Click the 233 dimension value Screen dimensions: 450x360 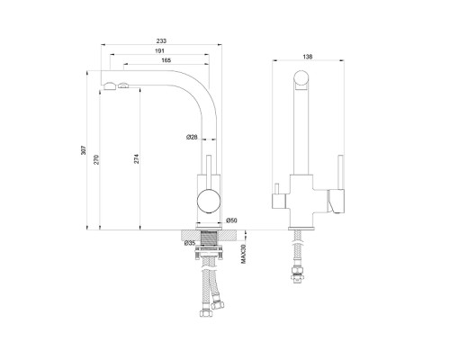(x=161, y=41)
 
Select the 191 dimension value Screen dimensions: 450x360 (x=159, y=51)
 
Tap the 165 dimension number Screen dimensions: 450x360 (x=166, y=60)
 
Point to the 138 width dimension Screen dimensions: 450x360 (x=308, y=57)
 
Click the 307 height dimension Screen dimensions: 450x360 (x=84, y=150)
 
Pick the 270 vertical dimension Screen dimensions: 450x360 (x=96, y=159)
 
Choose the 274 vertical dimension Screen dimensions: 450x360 (x=137, y=158)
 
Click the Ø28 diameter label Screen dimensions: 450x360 (x=192, y=137)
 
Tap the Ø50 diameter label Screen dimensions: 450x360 (x=231, y=220)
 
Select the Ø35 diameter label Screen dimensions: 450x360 (x=190, y=243)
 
